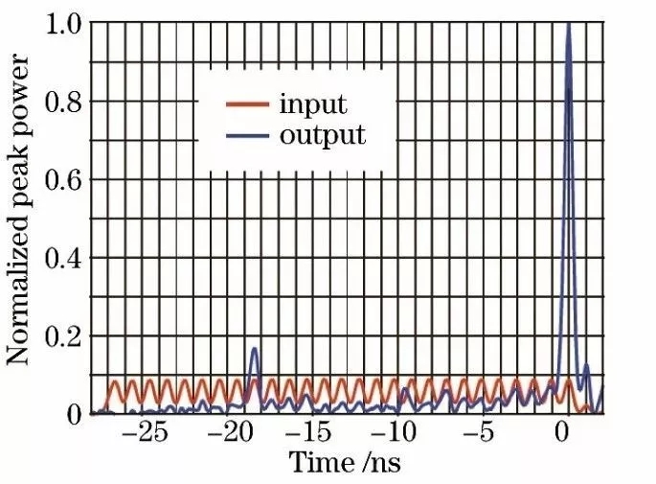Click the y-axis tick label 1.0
62,22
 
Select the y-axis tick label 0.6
62,179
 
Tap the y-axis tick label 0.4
62,258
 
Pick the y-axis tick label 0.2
62,336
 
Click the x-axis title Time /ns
345,463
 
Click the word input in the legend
313,104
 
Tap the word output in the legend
323,133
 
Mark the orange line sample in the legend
247,104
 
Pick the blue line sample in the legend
247,134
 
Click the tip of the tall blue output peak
570,25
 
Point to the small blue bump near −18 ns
255,351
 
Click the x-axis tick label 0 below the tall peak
563,432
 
